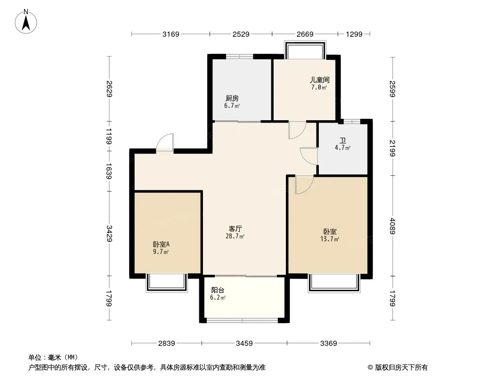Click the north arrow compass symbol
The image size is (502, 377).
click(26, 22)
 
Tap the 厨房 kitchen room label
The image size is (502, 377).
click(232, 98)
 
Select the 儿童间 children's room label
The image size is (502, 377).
click(319, 80)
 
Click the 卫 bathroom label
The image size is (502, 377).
click(342, 140)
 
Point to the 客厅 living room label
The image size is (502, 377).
click(235, 229)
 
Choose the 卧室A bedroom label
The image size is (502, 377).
click(161, 245)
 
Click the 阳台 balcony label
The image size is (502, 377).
click(218, 290)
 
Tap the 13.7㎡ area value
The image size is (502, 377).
click(330, 239)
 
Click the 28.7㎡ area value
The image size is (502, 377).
click(235, 237)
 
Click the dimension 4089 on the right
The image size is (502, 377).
click(393, 226)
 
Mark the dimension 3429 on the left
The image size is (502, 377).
click(110, 233)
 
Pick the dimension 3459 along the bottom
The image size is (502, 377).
click(244, 344)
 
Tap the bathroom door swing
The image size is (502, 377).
click(308, 156)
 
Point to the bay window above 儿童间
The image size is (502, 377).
click(305, 50)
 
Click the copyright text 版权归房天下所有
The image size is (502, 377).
click(401, 368)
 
